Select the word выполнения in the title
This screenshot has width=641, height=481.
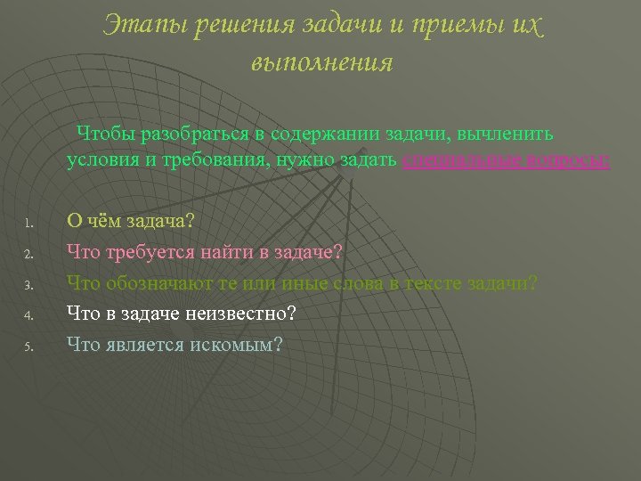point(321,63)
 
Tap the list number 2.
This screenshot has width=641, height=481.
point(28,255)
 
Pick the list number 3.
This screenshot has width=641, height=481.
point(28,286)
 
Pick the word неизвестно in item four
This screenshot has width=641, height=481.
point(246,314)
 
